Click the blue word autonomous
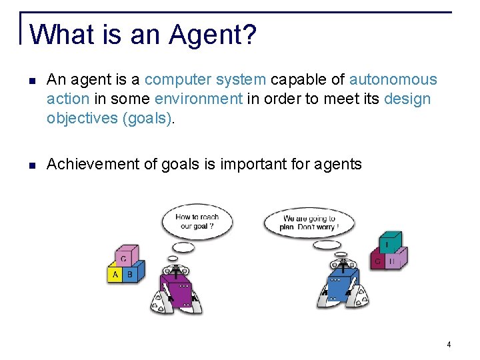[393, 80]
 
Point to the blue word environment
[199, 99]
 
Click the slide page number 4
[449, 345]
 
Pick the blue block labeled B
[131, 274]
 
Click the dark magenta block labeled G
[377, 261]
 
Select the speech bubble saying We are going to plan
[309, 222]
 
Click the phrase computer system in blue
[205, 80]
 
